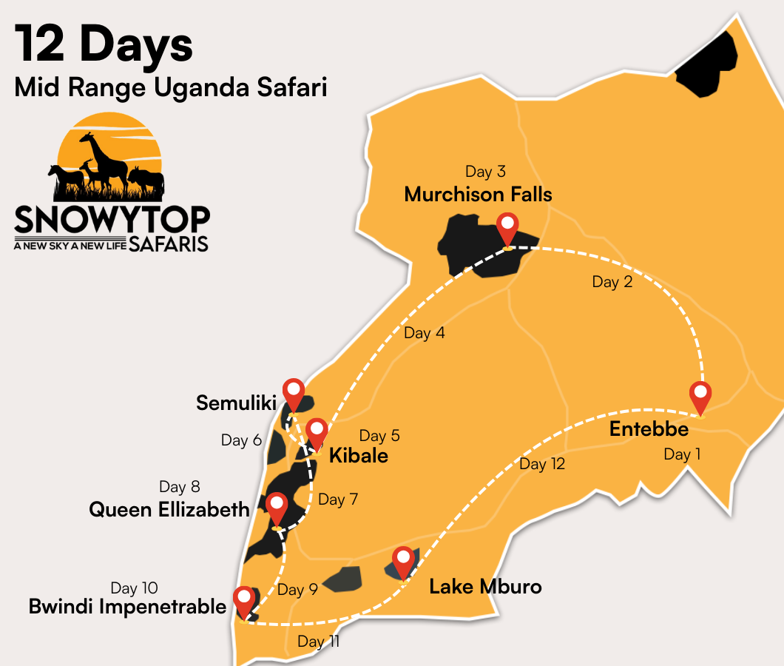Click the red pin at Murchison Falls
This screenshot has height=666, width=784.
(507, 227)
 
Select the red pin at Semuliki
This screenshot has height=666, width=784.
(294, 393)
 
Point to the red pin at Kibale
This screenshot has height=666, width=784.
(317, 432)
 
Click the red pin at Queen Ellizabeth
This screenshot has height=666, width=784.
(277, 507)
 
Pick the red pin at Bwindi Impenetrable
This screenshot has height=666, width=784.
(243, 600)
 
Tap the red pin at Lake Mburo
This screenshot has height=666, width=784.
(403, 561)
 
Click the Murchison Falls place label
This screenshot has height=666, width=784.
(478, 195)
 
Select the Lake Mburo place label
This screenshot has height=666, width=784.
(485, 587)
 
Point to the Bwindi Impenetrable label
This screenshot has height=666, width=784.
(127, 607)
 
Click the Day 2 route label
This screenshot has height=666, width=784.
(612, 282)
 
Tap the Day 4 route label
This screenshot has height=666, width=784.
(424, 333)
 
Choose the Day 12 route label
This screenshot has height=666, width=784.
(542, 464)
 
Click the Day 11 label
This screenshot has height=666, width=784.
(318, 641)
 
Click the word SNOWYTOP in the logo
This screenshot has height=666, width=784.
(112, 220)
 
